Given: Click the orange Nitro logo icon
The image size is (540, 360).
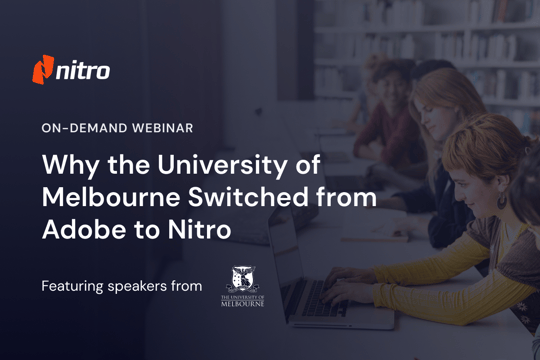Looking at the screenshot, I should coord(43,71).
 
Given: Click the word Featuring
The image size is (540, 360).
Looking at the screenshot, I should coord(72,287).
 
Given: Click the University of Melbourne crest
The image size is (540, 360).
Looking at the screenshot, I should coord(242,276).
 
